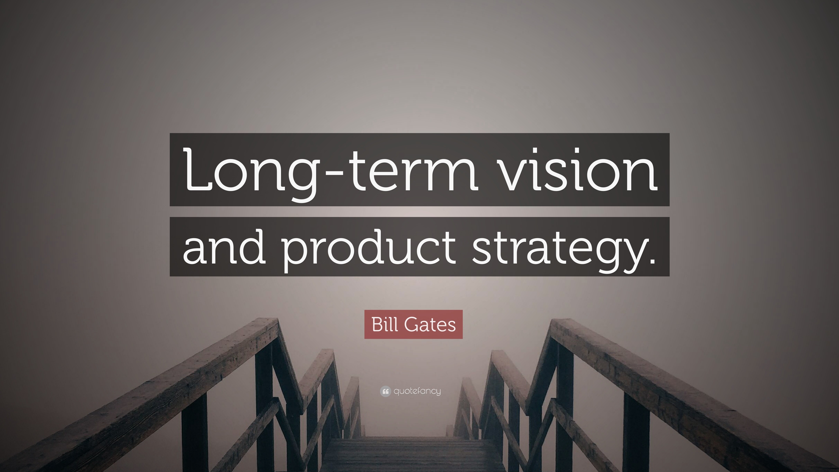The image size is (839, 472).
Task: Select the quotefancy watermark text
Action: pyautogui.click(x=417, y=391)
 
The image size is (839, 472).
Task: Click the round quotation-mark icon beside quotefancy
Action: pyautogui.click(x=385, y=391)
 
